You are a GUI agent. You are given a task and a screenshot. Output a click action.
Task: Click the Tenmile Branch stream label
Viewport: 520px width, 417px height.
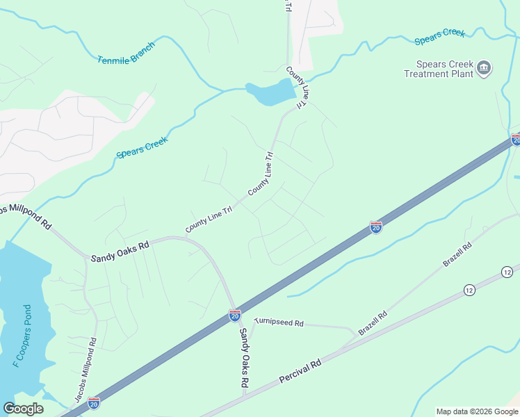126,54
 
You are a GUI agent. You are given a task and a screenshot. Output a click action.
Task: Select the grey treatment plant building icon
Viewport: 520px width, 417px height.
485,68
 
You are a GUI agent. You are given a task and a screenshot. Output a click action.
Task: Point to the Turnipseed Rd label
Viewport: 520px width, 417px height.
279,322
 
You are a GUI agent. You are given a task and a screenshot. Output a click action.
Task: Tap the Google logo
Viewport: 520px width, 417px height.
24,409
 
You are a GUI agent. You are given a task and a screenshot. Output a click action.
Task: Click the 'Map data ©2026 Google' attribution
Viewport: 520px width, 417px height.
478,411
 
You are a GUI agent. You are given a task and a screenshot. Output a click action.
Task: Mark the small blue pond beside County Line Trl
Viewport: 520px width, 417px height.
270,92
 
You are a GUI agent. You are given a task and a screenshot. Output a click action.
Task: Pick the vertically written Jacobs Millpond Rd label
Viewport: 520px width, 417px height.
86,371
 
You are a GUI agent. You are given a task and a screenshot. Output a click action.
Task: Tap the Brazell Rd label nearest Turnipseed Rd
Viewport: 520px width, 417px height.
374,324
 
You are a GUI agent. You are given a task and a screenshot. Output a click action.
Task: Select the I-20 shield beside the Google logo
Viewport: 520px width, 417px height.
94,402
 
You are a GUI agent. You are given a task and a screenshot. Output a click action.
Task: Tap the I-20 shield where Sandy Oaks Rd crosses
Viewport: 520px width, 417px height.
235,315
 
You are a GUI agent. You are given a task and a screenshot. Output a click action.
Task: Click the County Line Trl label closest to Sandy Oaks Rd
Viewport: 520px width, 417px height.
209,222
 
